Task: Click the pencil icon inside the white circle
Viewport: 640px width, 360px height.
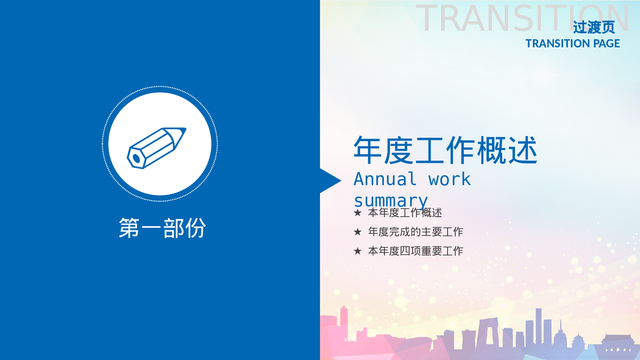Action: [156, 147]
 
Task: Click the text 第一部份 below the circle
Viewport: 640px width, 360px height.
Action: [162, 228]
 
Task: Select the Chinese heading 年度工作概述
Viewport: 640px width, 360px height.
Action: [445, 150]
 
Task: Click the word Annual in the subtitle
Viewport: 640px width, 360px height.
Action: [385, 179]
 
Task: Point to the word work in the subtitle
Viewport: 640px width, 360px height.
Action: [449, 179]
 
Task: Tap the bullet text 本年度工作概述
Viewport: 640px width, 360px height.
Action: [405, 213]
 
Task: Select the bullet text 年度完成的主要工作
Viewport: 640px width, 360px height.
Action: [416, 232]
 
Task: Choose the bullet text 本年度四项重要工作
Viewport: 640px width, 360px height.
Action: [416, 251]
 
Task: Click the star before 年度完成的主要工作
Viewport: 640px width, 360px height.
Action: [358, 232]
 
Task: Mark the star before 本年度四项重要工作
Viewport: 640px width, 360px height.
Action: [358, 251]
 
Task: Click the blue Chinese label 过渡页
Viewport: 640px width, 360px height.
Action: [593, 28]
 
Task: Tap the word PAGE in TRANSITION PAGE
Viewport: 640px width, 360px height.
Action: [606, 44]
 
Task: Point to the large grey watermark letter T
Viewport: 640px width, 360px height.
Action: [428, 19]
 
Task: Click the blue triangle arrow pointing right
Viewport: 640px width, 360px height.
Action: [329, 181]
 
